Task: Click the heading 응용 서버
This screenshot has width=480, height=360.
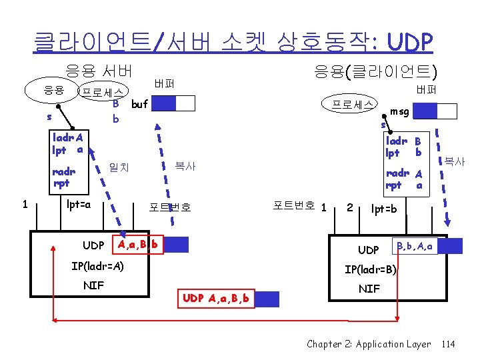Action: (x=99, y=70)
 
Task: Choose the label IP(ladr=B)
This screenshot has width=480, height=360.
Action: (x=371, y=270)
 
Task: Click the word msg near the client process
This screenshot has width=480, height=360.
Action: (x=400, y=112)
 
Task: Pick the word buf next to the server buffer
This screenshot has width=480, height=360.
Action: (x=139, y=104)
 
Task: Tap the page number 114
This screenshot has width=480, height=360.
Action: (x=448, y=344)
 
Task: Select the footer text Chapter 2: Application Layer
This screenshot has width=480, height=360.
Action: (x=369, y=344)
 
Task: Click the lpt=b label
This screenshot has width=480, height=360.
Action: (x=383, y=209)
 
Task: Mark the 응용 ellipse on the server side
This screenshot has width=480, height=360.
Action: (x=54, y=90)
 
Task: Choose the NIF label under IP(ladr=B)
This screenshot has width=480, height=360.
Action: (x=369, y=289)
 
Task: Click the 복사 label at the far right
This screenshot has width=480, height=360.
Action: (x=455, y=161)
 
